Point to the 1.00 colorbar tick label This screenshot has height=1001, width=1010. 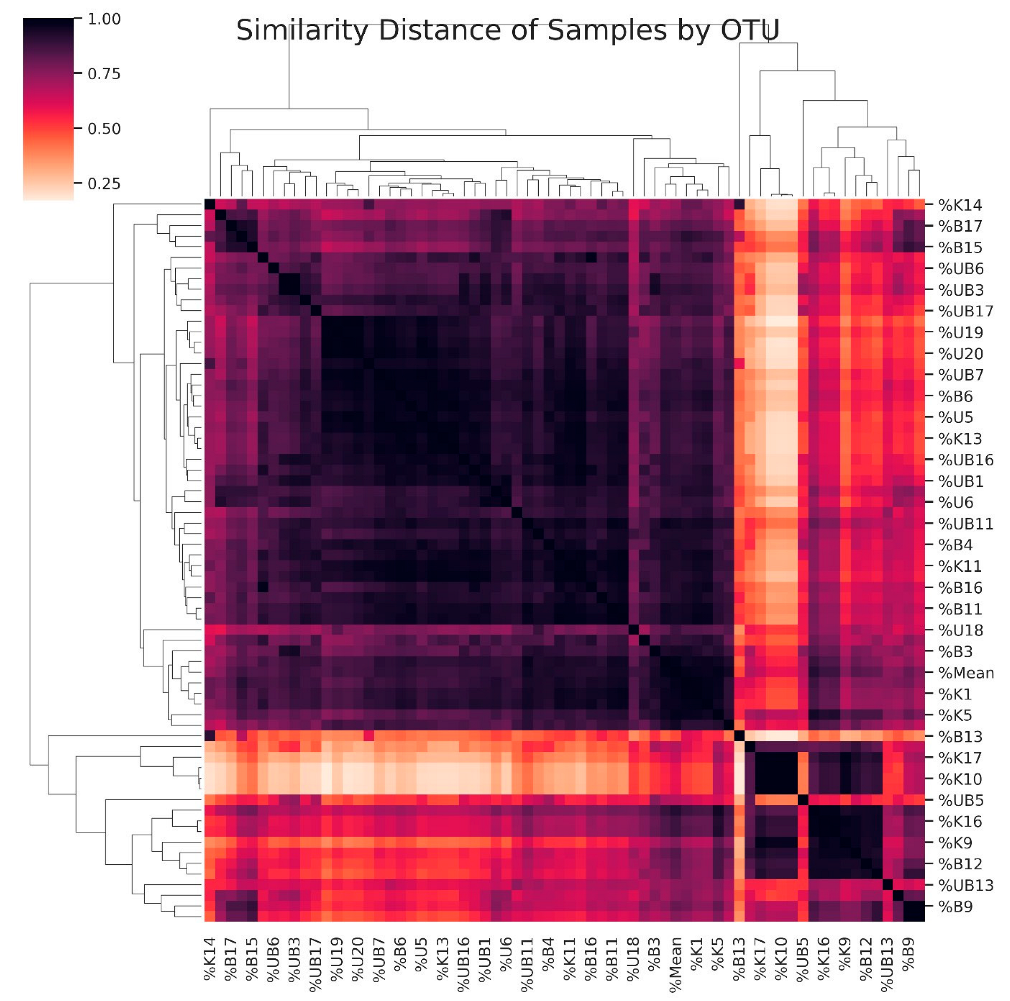[x=104, y=19]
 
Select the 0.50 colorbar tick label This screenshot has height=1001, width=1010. [x=104, y=129]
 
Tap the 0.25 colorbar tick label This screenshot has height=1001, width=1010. [x=104, y=184]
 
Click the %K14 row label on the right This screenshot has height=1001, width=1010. [x=960, y=205]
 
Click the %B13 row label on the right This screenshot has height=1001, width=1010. [x=960, y=736]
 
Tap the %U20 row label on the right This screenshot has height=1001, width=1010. [x=960, y=354]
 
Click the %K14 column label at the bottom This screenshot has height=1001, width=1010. [x=210, y=959]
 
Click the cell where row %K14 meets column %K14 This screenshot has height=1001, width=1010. [x=210, y=204]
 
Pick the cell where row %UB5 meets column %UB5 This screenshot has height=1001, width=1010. [x=803, y=800]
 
